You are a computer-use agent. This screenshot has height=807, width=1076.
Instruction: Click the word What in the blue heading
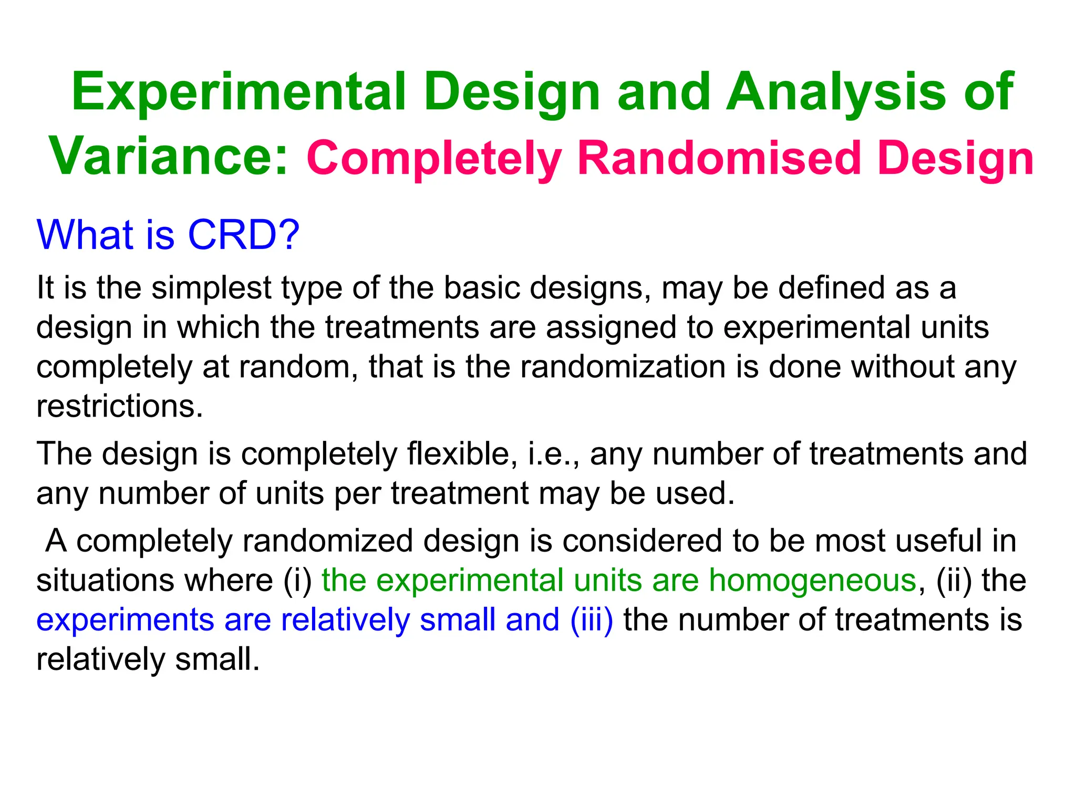[85, 235]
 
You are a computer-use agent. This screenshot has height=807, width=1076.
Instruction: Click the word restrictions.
[119, 406]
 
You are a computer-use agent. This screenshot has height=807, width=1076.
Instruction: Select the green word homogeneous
[812, 581]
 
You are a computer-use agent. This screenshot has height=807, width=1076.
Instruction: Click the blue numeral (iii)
[592, 620]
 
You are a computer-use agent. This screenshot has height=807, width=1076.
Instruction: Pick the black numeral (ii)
[954, 581]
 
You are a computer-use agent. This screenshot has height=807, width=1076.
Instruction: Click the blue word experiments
[125, 621]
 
